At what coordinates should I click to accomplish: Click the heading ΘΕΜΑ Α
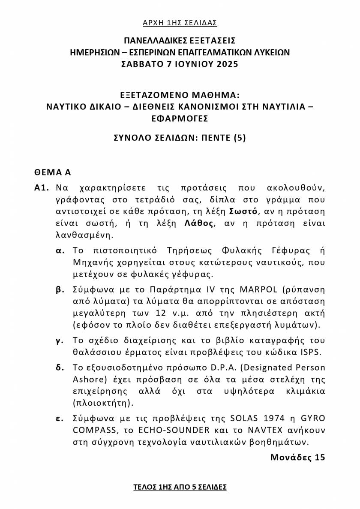click(x=52, y=172)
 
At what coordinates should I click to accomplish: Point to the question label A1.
click(x=42, y=188)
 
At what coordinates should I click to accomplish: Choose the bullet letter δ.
click(x=60, y=367)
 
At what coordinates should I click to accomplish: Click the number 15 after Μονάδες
click(x=319, y=457)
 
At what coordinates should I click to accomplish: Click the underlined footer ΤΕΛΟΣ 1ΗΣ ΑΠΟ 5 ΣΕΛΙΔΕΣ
click(x=180, y=487)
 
